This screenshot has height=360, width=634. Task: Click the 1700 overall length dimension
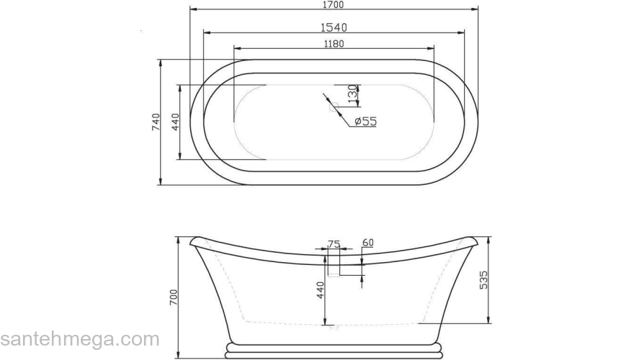334,5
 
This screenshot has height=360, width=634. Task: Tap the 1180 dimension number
334,44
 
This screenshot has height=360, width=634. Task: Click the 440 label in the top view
175,122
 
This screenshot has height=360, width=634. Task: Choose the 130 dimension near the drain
352,94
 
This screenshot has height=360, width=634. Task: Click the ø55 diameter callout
366,122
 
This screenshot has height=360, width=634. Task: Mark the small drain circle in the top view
334,109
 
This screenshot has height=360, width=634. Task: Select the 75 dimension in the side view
334,244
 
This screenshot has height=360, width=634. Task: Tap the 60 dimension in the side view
367,243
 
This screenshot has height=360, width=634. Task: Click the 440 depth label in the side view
321,290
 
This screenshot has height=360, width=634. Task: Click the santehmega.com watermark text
79,339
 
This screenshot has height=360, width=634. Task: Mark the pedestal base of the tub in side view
333,351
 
